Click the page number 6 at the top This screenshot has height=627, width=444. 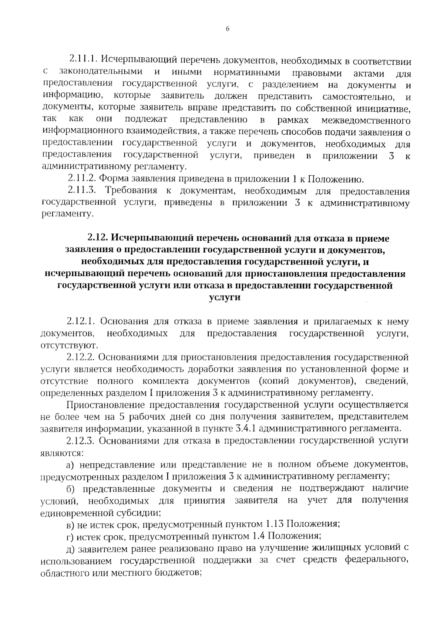click(x=227, y=30)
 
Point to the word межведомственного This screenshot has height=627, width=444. click(x=366, y=121)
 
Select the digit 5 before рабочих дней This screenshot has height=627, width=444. click(x=121, y=417)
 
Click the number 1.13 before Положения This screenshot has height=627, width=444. click(x=274, y=524)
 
